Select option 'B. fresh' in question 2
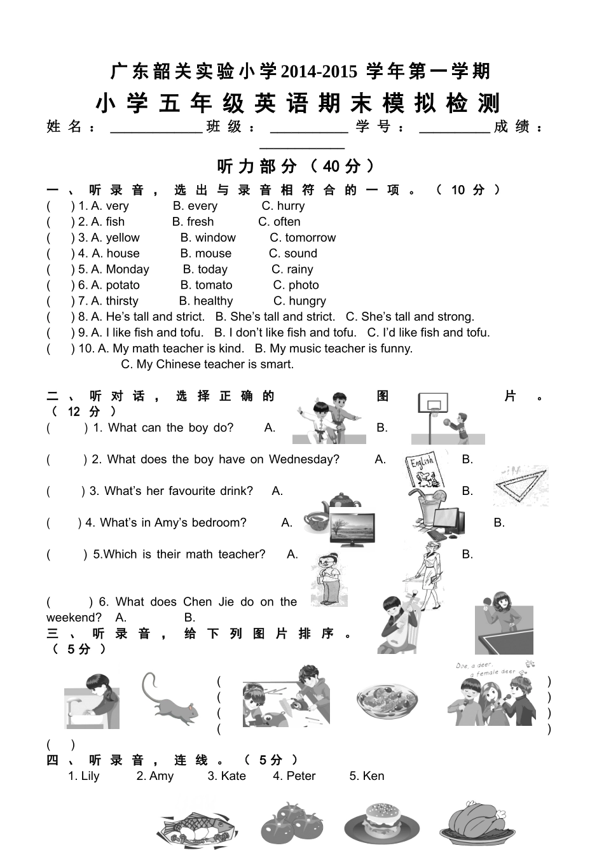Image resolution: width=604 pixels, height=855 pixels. (x=193, y=222)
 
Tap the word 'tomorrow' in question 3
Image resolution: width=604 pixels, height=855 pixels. (x=310, y=238)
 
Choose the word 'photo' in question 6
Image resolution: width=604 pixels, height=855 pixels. (x=303, y=286)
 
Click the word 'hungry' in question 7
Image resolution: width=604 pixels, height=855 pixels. (x=307, y=302)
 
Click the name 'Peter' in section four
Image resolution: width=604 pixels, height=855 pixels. (x=301, y=776)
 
